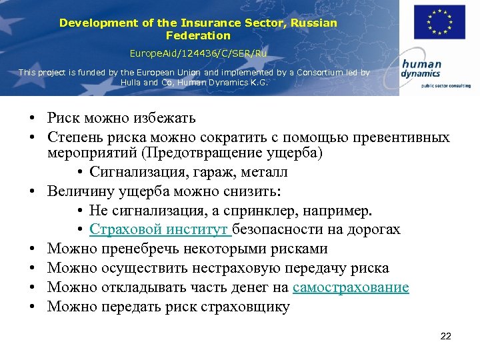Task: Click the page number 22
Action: [x=446, y=336]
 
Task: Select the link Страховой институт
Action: [x=160, y=230]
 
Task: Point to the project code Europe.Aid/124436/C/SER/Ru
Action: [x=198, y=52]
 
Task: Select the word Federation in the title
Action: [x=198, y=35]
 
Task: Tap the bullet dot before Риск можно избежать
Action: [x=32, y=119]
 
